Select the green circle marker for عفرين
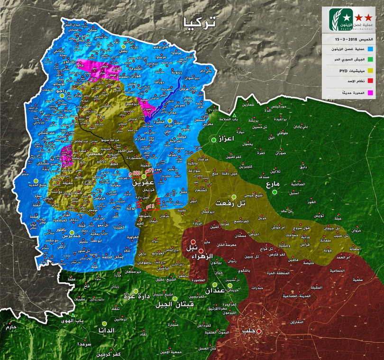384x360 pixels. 144,176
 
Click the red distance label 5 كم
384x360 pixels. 150,205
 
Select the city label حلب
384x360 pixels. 249,331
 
